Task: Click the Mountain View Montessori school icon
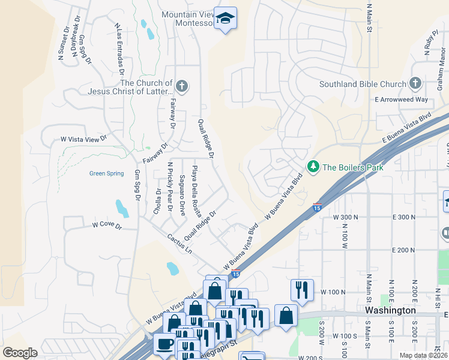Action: click(x=226, y=19)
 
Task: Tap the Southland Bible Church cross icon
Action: click(x=415, y=83)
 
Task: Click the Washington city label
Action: click(x=390, y=310)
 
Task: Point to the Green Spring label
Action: click(x=106, y=174)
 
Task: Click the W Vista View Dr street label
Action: click(x=83, y=139)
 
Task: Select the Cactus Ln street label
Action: click(x=179, y=243)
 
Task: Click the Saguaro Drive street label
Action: click(x=182, y=195)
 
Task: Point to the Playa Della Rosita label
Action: click(x=195, y=191)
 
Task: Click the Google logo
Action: click(x=20, y=353)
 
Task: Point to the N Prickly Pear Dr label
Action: click(x=170, y=187)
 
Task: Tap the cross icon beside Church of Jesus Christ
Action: click(x=182, y=87)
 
